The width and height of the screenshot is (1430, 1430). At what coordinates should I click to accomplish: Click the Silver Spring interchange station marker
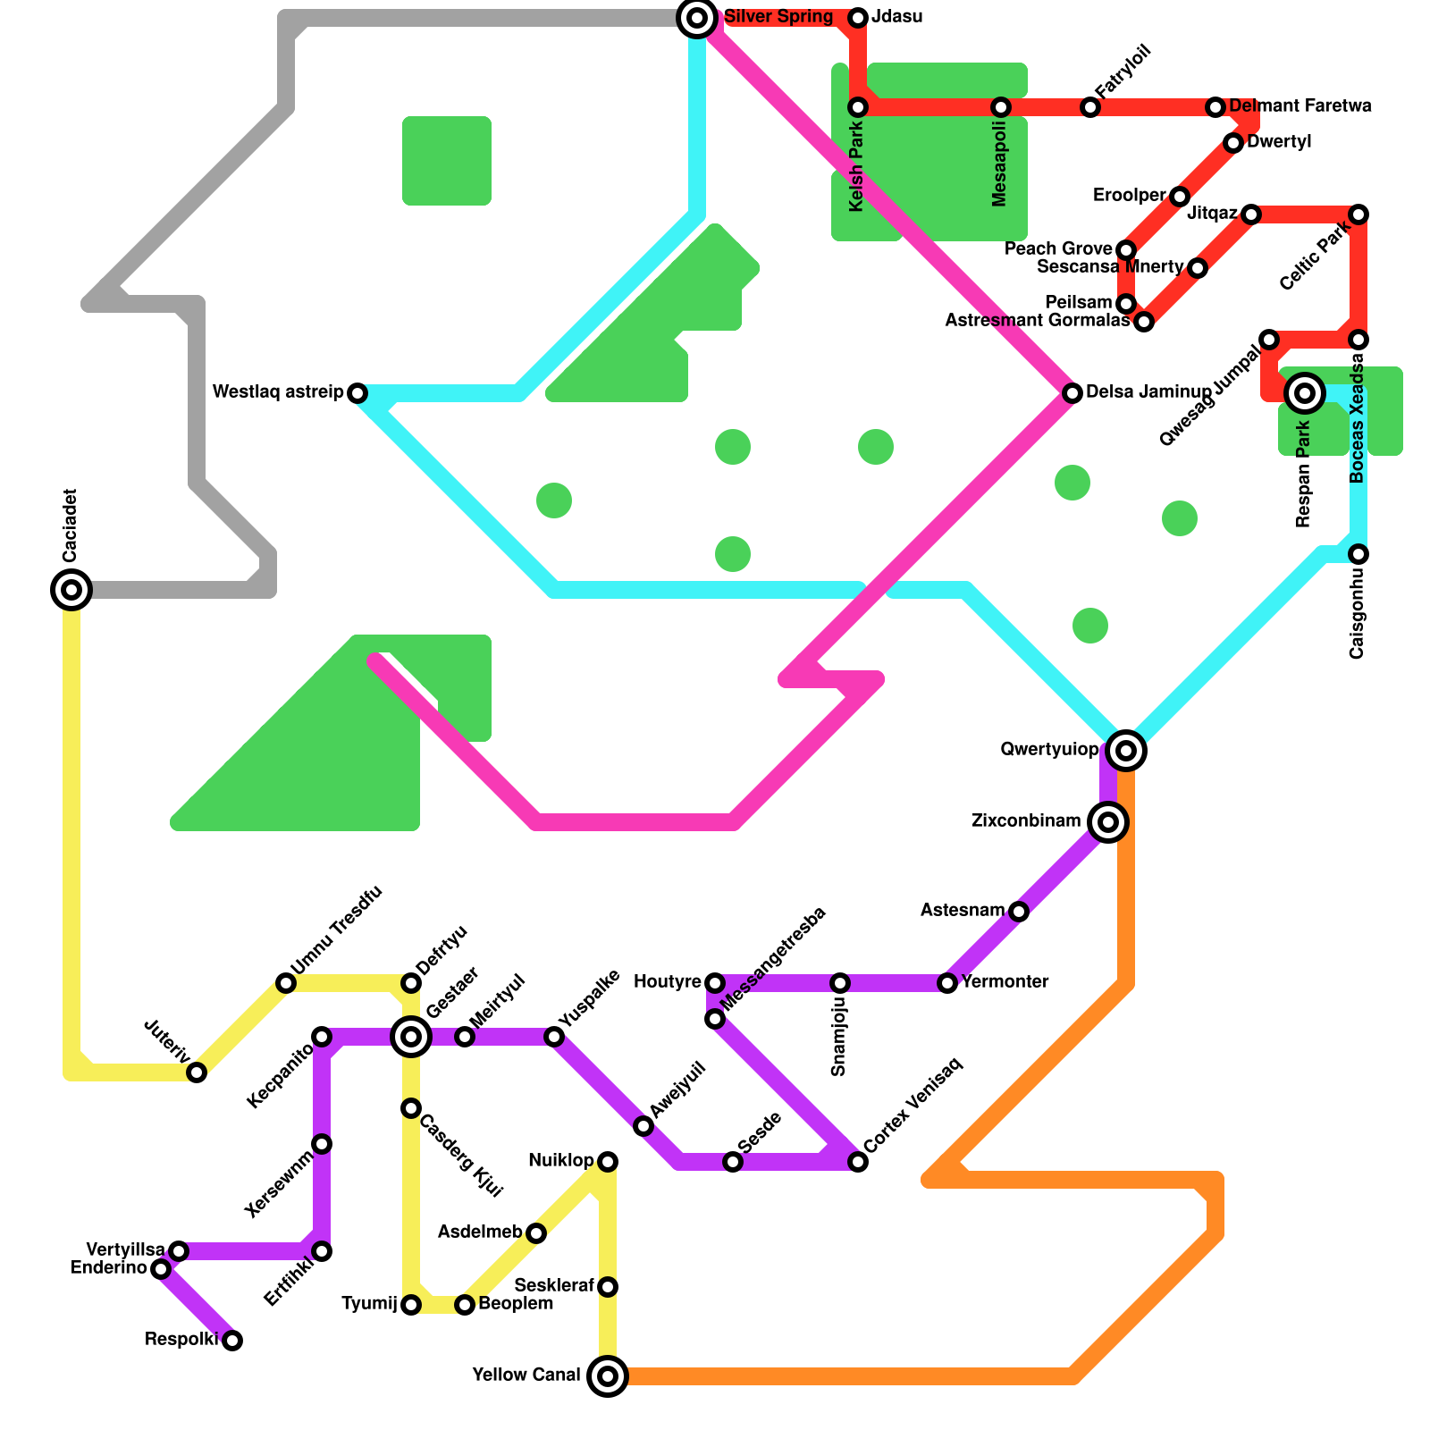click(697, 18)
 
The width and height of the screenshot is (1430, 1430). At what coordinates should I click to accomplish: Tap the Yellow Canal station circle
click(608, 1376)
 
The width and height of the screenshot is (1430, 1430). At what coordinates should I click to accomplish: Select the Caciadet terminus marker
click(71, 590)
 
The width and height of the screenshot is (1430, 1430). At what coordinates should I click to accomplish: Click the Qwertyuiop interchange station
click(1126, 751)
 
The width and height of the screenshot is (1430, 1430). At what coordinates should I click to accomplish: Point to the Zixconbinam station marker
click(1108, 822)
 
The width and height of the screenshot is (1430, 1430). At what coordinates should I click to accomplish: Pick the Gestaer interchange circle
click(411, 1037)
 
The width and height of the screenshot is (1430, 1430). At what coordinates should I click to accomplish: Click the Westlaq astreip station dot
click(357, 393)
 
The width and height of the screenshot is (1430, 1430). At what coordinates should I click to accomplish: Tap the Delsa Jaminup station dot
click(1072, 393)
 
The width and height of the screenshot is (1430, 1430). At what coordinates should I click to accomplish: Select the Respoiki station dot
click(232, 1341)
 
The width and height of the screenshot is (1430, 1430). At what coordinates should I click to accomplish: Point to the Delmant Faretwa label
click(1300, 106)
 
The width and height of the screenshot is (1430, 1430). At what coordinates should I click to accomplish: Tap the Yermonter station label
click(1005, 982)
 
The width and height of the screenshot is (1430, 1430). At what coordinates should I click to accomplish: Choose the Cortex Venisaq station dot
click(858, 1162)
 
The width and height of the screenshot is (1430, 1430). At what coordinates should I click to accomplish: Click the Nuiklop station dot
click(608, 1162)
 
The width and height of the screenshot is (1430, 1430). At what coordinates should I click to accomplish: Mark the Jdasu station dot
click(858, 18)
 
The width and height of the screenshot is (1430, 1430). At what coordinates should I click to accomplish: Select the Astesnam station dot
click(1019, 912)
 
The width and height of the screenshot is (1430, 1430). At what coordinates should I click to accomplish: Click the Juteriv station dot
click(197, 1072)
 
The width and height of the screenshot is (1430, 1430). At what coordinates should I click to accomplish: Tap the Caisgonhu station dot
click(1358, 554)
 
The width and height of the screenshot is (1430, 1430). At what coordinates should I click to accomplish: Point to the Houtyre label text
click(667, 982)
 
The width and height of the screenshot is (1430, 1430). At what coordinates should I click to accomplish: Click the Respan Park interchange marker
click(1305, 393)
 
